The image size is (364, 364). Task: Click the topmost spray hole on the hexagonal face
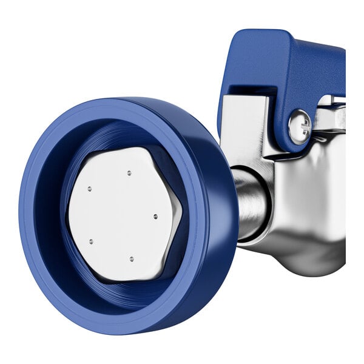pos(129,173)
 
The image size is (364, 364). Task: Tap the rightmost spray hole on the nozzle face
pos(155,216)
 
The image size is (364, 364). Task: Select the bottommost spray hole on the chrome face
pos(132,258)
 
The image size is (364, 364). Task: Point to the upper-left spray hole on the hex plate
pos(89,189)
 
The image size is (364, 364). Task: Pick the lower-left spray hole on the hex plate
pos(91,241)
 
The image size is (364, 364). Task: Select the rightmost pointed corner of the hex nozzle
pos(181,214)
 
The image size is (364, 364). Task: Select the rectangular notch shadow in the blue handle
pos(249,91)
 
